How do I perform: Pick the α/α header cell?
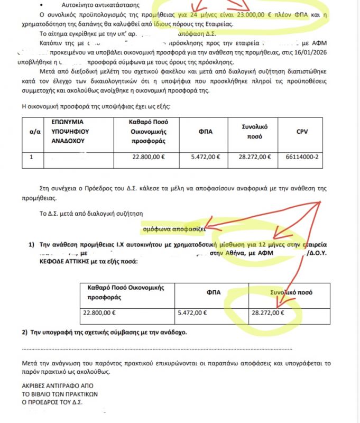click(x=31, y=132)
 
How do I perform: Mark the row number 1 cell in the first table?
click(x=31, y=157)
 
